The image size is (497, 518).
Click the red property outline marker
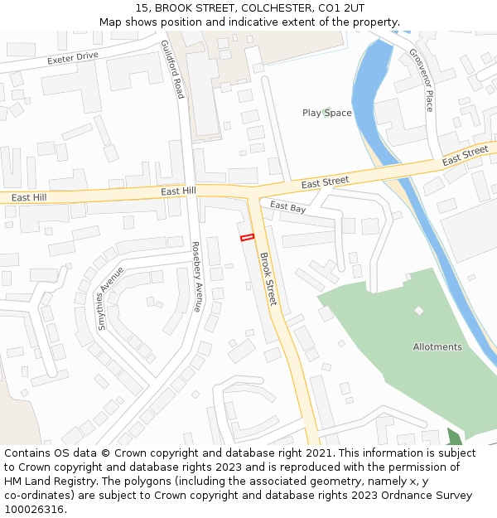click(246, 238)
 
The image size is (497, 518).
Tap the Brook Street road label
click(267, 278)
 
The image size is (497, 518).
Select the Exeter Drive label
click(73, 57)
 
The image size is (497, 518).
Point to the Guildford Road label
click(172, 70)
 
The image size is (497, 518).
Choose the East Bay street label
click(288, 207)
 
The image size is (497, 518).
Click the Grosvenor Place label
click(422, 80)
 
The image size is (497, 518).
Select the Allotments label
click(437, 347)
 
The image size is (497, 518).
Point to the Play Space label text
click(327, 114)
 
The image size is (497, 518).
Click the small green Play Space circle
click(327, 113)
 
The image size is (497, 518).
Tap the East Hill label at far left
click(29, 197)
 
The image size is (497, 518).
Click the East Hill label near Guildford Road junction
click(178, 191)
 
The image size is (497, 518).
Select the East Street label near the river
click(465, 155)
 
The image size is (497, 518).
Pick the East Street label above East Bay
click(325, 182)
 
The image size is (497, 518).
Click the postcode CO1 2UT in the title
click(338, 7)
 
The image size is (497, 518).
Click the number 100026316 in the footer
click(35, 509)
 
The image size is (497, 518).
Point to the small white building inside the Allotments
click(418, 311)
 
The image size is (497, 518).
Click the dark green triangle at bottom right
click(454, 437)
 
